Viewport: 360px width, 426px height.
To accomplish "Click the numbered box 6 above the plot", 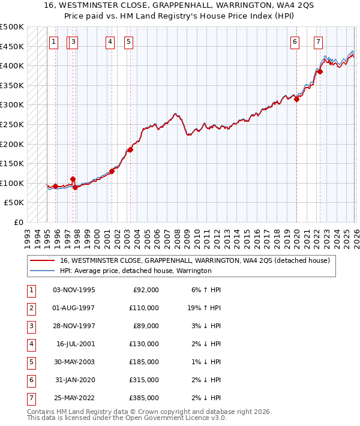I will click(295, 42).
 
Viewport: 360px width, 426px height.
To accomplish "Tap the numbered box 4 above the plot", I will click(110, 42).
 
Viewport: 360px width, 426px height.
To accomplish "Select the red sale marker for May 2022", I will click(320, 71).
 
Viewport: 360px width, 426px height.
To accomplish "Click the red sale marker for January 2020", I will click(297, 99).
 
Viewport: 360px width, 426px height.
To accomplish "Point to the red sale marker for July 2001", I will click(112, 171).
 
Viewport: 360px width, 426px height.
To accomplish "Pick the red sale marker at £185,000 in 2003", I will click(131, 149).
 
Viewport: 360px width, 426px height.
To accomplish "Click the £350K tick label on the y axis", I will click(12, 85).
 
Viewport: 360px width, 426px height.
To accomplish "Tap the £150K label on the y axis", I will click(12, 163).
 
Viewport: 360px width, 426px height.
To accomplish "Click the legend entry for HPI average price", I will click(136, 271).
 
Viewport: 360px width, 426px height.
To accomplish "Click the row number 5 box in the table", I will click(30, 362).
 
